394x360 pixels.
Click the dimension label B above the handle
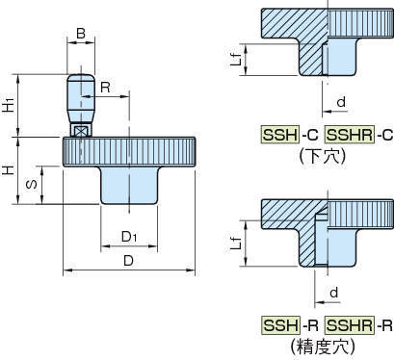(81, 33)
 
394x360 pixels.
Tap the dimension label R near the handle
(105, 87)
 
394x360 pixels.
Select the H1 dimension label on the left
(10, 106)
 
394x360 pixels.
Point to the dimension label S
(32, 184)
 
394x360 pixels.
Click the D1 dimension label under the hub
(129, 237)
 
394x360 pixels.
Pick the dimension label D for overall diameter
(128, 261)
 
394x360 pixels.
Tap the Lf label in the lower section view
(236, 243)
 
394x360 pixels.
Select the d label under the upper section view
(341, 102)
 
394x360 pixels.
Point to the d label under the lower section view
(334, 293)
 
